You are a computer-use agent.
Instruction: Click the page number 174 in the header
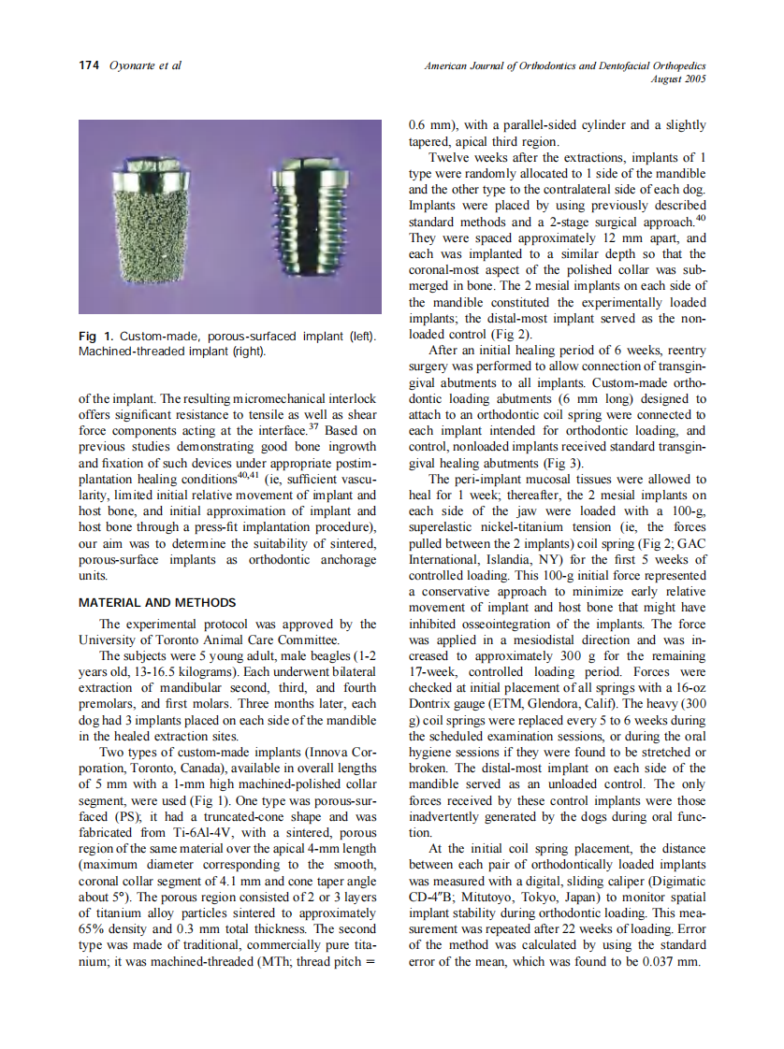(88, 65)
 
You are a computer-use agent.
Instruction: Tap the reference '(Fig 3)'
(565, 462)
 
